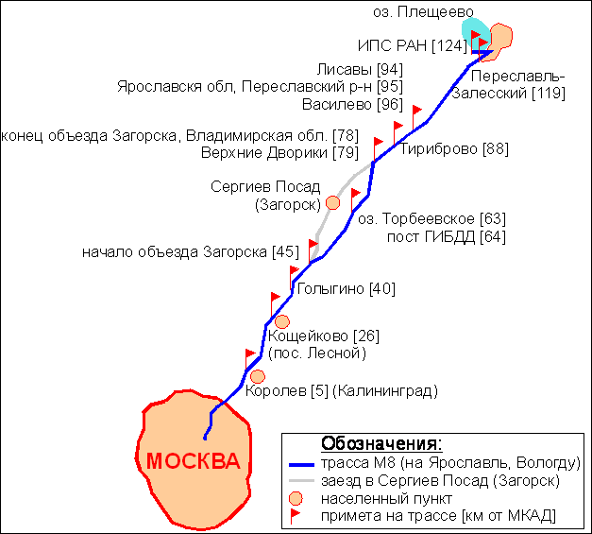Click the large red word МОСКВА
pos(193,461)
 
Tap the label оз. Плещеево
pos(423,12)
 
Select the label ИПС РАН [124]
pos(413,45)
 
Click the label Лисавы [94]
pos(360,70)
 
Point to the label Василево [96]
pos(352,104)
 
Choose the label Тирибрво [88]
pos(454,149)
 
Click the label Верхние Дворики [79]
pos(279,153)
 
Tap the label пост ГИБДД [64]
pos(447,237)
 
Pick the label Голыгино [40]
pos(347,288)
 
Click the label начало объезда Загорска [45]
pos(191,251)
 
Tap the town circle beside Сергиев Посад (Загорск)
pos(332,203)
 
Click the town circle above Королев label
pos(258,376)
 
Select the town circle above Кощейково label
pos(282,322)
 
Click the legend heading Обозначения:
pos(381,443)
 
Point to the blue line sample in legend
pos(301,464)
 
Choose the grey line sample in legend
pos(301,481)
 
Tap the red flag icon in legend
pos(295,516)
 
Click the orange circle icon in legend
pos(296,499)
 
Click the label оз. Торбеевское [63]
pos(431,219)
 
